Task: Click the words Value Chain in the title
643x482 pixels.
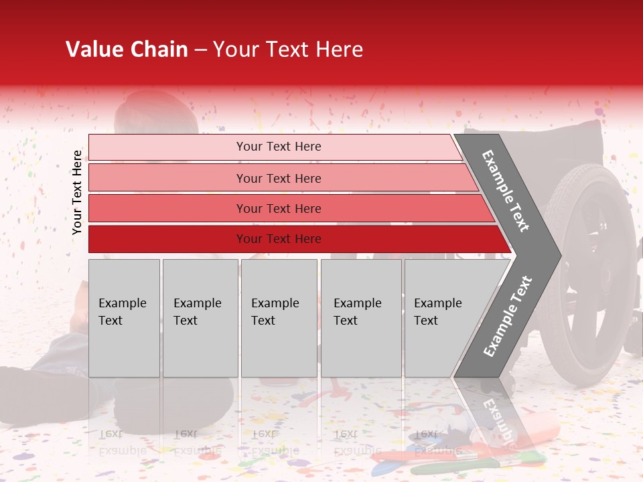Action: tap(127, 50)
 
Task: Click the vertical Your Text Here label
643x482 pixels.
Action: tap(77, 192)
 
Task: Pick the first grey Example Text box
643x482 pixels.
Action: tap(124, 318)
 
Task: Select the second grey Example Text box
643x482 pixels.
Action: tap(200, 318)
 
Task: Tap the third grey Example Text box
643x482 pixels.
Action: tap(279, 318)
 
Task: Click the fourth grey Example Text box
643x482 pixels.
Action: tap(361, 318)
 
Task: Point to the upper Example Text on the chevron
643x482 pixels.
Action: tap(506, 191)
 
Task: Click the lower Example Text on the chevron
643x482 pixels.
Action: tap(508, 317)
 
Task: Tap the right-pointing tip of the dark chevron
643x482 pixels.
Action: tap(556, 255)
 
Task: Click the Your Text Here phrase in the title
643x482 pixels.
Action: tap(288, 50)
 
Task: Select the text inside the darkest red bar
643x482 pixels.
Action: tap(279, 239)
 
